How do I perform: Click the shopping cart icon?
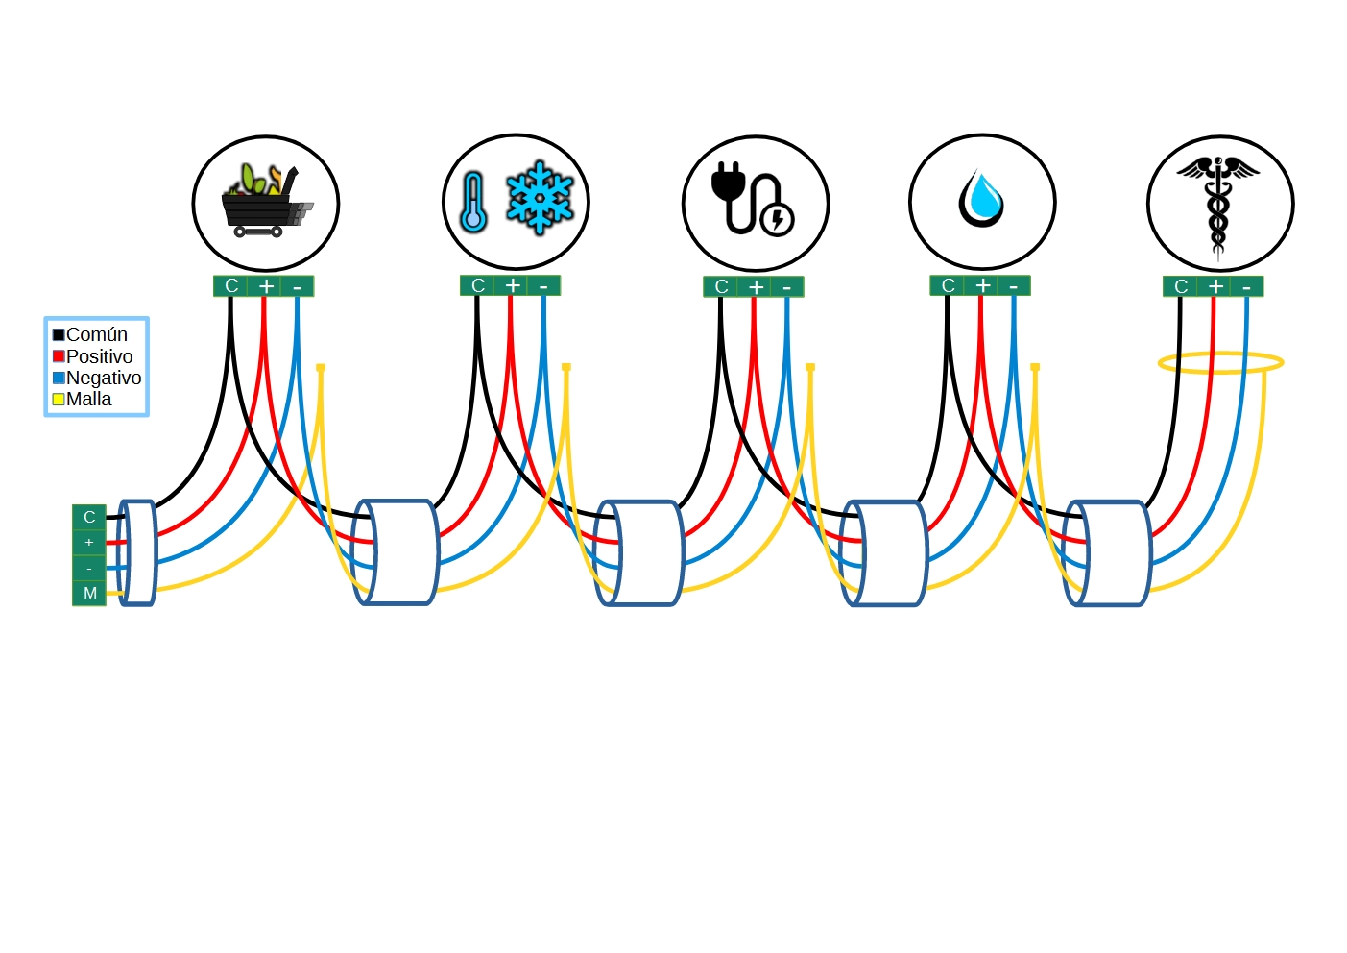click(x=265, y=203)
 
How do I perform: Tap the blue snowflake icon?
click(x=540, y=198)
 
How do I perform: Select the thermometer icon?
click(x=472, y=203)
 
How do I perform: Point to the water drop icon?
click(x=981, y=200)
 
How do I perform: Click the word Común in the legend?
click(x=96, y=334)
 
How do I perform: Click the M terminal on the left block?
click(x=89, y=593)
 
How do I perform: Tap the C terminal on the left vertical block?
click(x=89, y=517)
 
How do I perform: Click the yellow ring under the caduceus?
click(x=1220, y=362)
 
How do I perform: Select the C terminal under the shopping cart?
click(x=231, y=285)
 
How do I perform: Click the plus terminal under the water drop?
click(x=982, y=285)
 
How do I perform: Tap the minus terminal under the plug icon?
click(x=787, y=287)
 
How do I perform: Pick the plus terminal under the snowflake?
click(x=513, y=285)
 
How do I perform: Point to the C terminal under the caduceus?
click(x=1181, y=286)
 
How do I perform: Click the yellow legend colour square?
click(x=59, y=399)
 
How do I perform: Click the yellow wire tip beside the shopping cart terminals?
click(x=321, y=367)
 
